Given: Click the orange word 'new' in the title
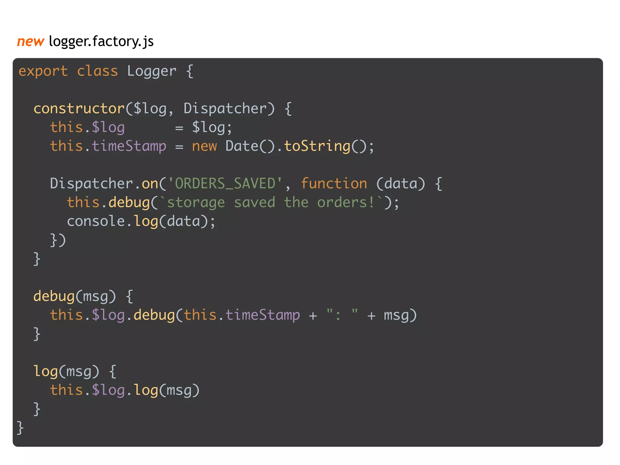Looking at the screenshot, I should (31, 41).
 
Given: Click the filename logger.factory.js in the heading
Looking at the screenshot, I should (101, 41).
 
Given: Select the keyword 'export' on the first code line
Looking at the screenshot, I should (43, 71).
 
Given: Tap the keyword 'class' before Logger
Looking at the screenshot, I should (97, 71).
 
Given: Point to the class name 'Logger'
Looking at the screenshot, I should (151, 71).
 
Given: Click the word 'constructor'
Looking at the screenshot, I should (79, 109).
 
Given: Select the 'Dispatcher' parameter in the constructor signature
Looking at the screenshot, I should (225, 109).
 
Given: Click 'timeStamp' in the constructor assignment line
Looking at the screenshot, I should (129, 146).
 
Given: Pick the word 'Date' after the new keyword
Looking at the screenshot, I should (242, 146).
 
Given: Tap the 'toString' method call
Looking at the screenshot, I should (317, 146).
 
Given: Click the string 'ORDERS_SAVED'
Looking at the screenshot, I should (225, 184).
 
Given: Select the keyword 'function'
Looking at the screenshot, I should (334, 184).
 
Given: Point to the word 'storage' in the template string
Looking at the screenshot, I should (196, 203).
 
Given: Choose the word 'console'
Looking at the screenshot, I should (96, 221).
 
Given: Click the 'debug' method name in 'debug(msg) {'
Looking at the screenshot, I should (54, 296).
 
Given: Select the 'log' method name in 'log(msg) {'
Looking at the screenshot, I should (45, 371).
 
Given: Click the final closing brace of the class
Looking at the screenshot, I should (20, 428).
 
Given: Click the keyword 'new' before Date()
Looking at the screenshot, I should (204, 146).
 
